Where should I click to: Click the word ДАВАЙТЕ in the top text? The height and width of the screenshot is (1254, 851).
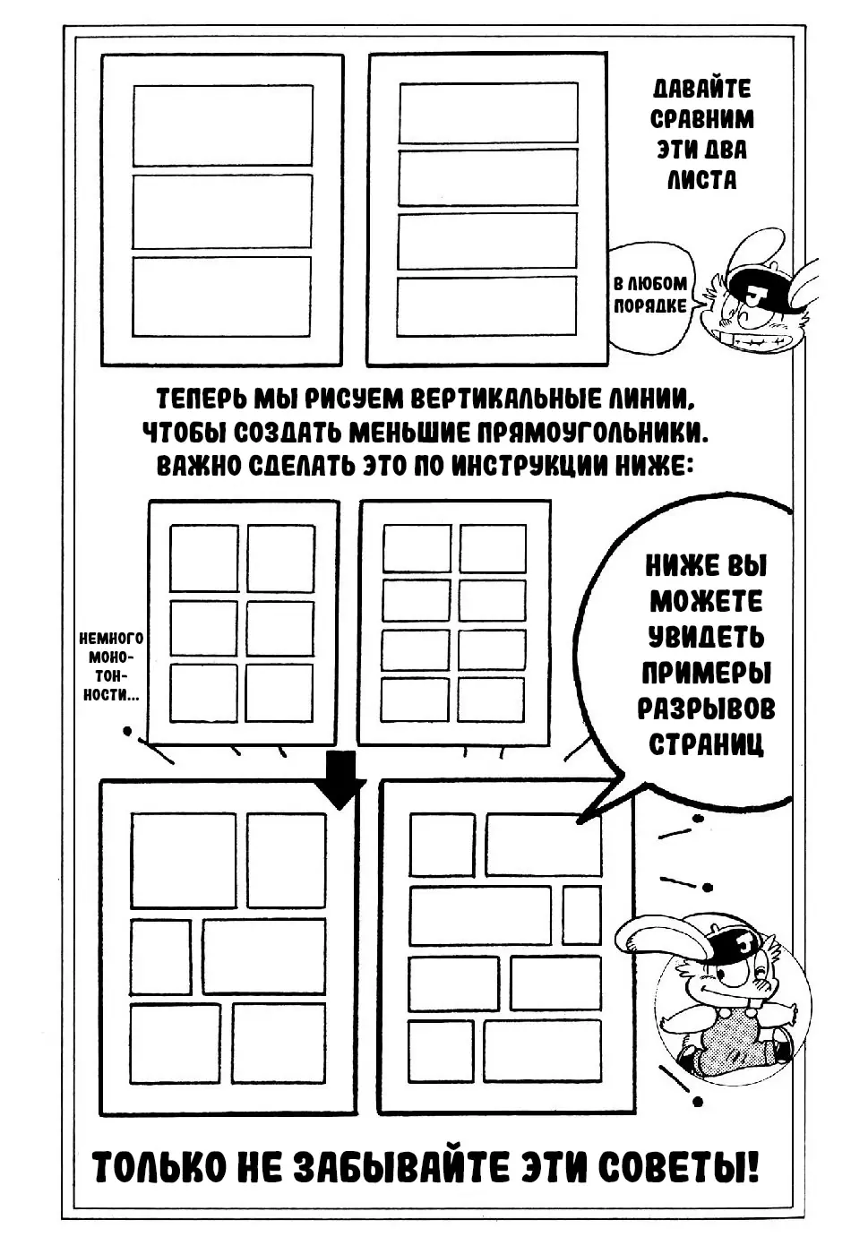tap(702, 90)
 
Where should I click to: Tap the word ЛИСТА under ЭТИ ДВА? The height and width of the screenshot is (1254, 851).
tap(702, 180)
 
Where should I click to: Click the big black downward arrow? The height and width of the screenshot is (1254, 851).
tap(340, 779)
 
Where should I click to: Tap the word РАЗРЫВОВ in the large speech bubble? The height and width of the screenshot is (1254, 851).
tap(707, 709)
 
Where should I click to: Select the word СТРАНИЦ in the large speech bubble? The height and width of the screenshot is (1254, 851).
tap(707, 744)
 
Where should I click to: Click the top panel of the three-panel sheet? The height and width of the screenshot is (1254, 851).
tap(223, 125)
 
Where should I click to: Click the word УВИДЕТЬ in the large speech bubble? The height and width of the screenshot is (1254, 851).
tap(707, 638)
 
